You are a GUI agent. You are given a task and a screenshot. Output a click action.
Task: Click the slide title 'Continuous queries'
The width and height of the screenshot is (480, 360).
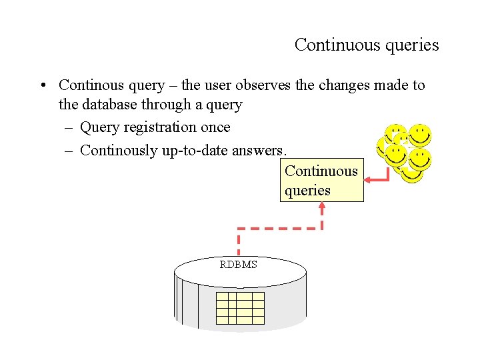[x=367, y=45]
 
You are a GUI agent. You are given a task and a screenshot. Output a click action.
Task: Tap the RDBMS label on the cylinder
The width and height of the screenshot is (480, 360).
[x=239, y=265]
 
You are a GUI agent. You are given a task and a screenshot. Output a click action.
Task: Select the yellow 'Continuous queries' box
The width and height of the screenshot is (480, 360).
[x=321, y=180]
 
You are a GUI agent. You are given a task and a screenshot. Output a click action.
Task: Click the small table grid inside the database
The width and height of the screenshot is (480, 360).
[x=241, y=308]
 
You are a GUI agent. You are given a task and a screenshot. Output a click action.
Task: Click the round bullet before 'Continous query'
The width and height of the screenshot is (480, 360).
[x=42, y=86]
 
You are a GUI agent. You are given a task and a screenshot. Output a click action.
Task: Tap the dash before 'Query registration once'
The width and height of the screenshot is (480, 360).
[x=69, y=127]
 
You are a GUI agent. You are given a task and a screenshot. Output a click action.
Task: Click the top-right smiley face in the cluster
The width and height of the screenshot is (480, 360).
[x=420, y=135]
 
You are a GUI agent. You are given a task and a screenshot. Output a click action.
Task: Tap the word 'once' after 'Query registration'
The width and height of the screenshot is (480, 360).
[x=215, y=127]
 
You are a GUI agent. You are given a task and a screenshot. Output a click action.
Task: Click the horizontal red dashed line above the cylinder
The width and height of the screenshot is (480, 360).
[x=280, y=229]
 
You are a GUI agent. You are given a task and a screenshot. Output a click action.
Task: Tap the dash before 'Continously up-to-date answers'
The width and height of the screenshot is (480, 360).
[x=69, y=151]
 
